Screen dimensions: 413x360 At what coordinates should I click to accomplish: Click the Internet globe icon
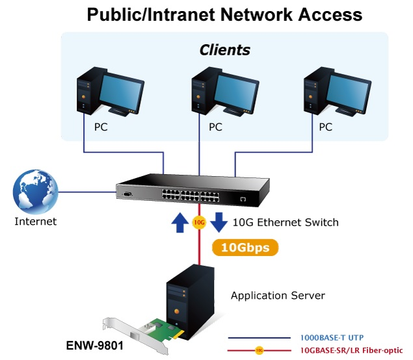35,191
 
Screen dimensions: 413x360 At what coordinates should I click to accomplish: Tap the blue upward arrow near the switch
180,222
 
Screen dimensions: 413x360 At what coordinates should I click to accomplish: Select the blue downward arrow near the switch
219,222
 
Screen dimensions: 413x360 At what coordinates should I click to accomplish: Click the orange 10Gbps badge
245,248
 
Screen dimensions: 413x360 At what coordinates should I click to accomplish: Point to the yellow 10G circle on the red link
199,223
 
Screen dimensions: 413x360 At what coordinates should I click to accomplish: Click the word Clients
224,50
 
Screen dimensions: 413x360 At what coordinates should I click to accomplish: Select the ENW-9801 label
94,346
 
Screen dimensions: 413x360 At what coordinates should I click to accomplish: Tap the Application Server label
278,296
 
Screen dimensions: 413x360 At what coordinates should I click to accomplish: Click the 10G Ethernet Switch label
286,222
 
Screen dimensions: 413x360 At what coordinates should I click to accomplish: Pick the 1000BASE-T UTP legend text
332,338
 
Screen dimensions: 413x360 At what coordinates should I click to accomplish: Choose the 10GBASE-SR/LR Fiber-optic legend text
351,350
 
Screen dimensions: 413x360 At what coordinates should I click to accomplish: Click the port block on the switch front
191,196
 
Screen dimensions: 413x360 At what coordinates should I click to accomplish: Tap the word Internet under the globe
35,222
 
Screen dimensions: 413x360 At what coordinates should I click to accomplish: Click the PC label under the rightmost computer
326,127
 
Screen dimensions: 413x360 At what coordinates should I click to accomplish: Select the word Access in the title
330,15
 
